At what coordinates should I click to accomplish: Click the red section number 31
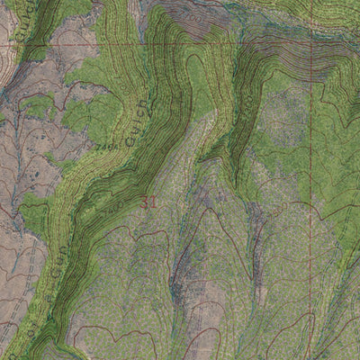[x=149, y=203]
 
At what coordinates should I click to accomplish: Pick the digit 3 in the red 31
[x=145, y=203]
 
